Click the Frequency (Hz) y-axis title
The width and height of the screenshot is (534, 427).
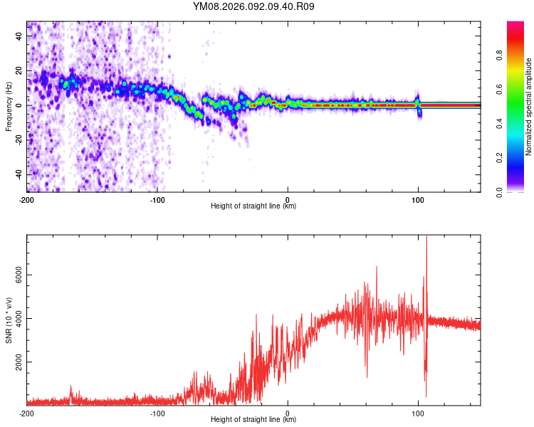(x=9, y=107)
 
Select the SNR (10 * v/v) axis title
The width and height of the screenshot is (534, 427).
(x=9, y=320)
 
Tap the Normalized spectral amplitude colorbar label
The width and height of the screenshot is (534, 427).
(x=529, y=107)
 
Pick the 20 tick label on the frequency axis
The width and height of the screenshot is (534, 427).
(x=21, y=70)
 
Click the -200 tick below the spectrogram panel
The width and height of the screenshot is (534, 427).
(x=27, y=199)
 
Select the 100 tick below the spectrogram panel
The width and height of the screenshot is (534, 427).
(x=418, y=199)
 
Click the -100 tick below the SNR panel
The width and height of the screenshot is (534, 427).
(x=157, y=413)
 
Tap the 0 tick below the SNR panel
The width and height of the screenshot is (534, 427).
(x=288, y=413)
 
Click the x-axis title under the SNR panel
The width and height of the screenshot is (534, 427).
(x=253, y=420)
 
